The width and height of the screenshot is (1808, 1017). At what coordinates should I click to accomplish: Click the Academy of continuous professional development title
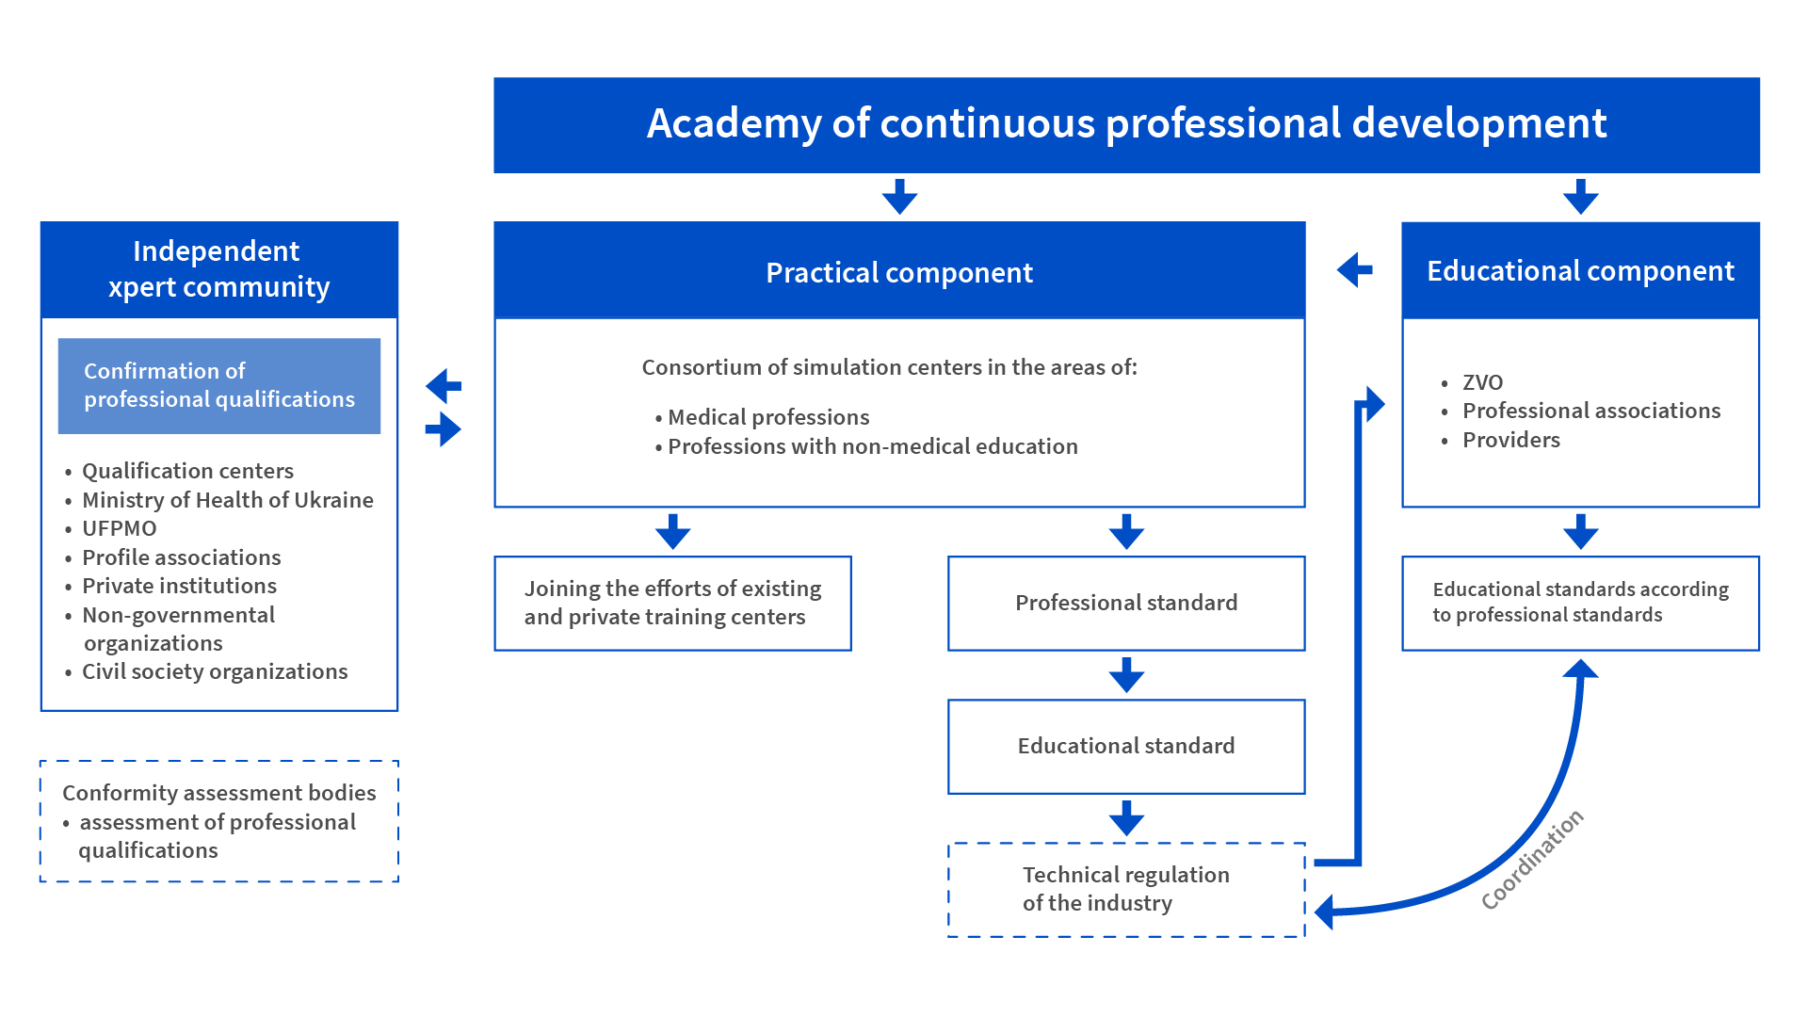[1126, 124]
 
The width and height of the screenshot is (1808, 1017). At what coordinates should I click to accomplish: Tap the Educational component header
[1580, 271]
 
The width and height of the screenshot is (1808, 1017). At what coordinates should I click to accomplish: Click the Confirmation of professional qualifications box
[219, 385]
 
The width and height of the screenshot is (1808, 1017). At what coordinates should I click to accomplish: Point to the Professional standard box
[1126, 603]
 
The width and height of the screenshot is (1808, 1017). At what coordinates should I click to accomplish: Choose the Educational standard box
[1126, 746]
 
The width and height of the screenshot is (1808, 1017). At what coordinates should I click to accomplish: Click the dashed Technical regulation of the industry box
[1126, 889]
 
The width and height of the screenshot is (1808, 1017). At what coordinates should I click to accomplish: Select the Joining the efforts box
[672, 603]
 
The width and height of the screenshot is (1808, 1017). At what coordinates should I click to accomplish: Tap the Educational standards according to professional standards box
[1580, 603]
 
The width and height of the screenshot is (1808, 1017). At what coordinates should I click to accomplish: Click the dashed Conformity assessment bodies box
[219, 821]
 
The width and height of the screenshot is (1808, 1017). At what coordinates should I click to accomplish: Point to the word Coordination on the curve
[1532, 860]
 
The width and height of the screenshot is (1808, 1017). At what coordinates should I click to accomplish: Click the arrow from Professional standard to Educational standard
[1126, 675]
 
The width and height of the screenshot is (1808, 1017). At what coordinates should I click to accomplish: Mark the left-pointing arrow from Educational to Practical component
[1354, 270]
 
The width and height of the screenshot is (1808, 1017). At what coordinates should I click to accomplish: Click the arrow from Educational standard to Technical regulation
[1126, 818]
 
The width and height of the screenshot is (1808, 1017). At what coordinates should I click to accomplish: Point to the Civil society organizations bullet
[206, 671]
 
